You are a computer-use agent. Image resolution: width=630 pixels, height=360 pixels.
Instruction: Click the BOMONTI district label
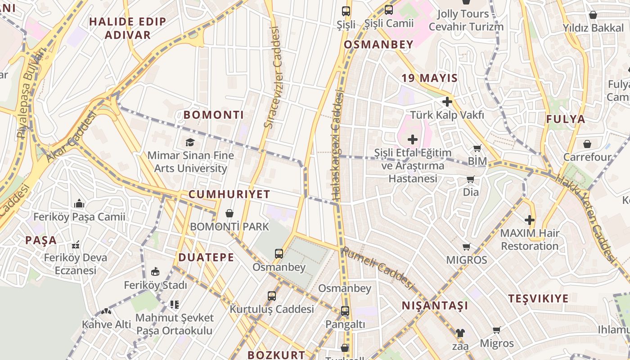tap(213, 115)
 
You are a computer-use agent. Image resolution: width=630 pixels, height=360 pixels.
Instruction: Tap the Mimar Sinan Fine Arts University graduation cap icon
tap(190, 143)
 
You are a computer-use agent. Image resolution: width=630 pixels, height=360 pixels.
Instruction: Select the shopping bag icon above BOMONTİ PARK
tap(229, 213)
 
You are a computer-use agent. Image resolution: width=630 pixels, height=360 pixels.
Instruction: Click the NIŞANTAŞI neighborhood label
tap(435, 306)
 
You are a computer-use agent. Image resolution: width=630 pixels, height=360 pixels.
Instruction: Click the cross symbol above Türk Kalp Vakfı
tap(447, 102)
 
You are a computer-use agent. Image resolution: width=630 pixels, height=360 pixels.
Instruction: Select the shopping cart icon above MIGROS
tap(467, 247)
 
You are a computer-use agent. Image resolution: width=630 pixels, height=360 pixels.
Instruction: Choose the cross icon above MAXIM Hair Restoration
tap(530, 220)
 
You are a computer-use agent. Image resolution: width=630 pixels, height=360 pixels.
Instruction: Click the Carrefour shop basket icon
tap(587, 144)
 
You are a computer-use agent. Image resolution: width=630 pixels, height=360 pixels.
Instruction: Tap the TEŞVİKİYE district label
tap(538, 298)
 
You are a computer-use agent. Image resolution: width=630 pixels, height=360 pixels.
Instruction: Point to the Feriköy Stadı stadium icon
tap(155, 271)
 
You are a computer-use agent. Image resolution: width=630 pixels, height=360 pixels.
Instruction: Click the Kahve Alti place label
tap(106, 324)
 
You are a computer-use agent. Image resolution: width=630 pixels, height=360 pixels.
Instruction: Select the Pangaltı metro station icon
tap(345, 310)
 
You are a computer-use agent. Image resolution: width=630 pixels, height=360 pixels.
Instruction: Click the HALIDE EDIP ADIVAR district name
tap(127, 28)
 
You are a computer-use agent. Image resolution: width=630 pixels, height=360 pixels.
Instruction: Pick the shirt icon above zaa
tap(460, 333)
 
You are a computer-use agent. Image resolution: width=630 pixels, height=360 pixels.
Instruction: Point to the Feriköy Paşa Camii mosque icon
tap(80, 203)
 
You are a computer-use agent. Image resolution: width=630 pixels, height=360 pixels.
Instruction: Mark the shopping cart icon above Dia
tap(471, 180)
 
